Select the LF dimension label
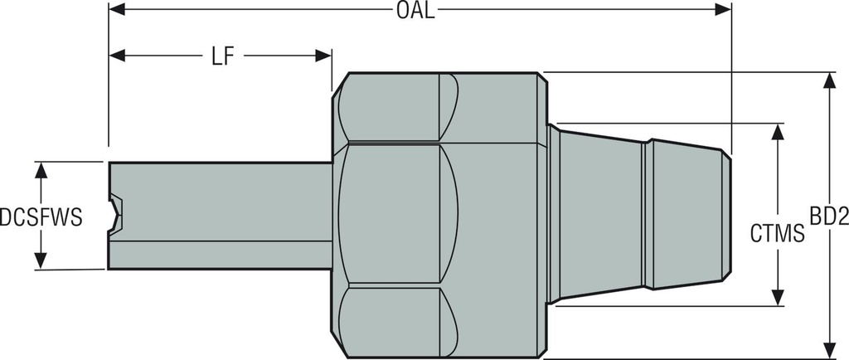[220, 56]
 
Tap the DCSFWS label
[41, 217]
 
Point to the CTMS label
[777, 234]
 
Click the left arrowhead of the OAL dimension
[117, 10]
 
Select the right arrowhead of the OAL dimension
[723, 10]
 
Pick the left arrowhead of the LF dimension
[117, 56]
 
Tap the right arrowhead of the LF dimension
[324, 56]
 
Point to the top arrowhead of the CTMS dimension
[777, 132]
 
